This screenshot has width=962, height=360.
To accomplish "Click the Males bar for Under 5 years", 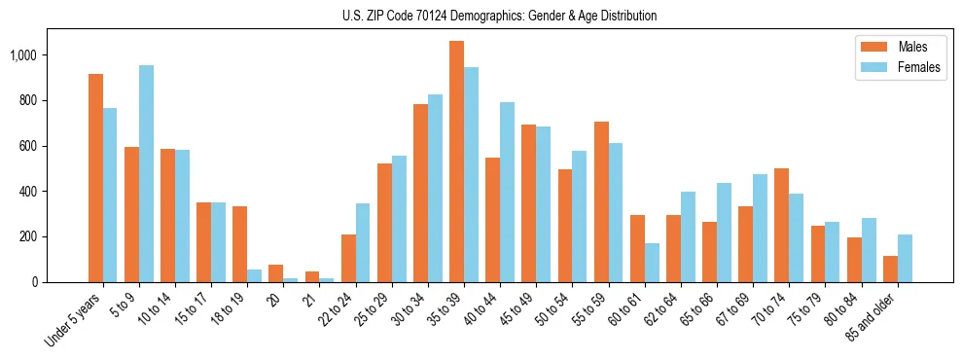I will [x=95, y=178].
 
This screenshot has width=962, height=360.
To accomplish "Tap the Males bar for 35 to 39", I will [x=456, y=162].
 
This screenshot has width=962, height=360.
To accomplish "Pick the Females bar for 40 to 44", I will [x=507, y=192].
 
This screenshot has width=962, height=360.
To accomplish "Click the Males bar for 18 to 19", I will [x=239, y=244].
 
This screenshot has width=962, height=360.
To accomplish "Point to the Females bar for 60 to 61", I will [x=652, y=263].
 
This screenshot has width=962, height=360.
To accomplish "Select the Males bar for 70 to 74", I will [x=781, y=225].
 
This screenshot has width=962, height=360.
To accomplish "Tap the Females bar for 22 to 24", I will [x=363, y=242].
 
